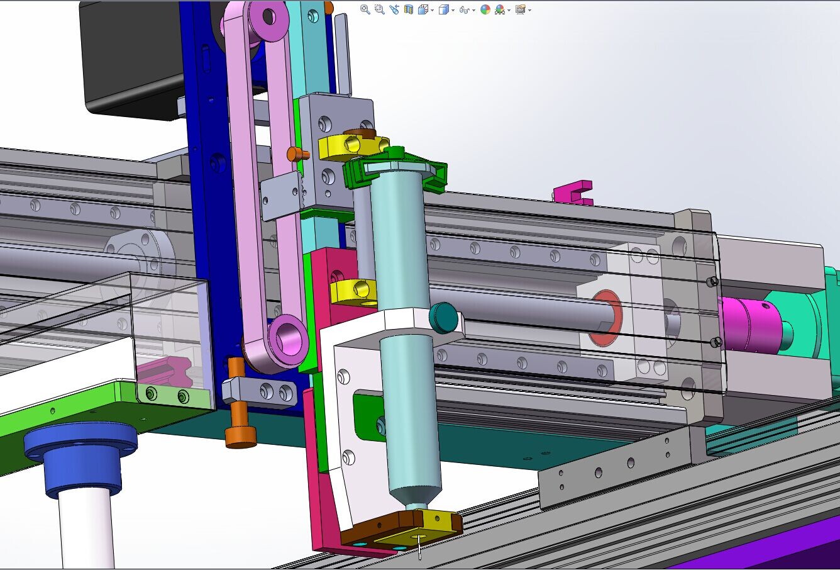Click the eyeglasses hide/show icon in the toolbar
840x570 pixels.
click(x=463, y=9)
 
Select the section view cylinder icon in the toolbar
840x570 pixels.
click(x=408, y=9)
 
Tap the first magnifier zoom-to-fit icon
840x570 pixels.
click(x=365, y=9)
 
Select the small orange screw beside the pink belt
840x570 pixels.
click(x=296, y=154)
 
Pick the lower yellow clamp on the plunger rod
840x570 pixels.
click(x=352, y=291)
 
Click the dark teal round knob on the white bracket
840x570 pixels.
click(x=444, y=318)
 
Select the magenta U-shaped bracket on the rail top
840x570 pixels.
click(x=574, y=193)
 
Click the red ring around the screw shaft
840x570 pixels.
click(x=604, y=318)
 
